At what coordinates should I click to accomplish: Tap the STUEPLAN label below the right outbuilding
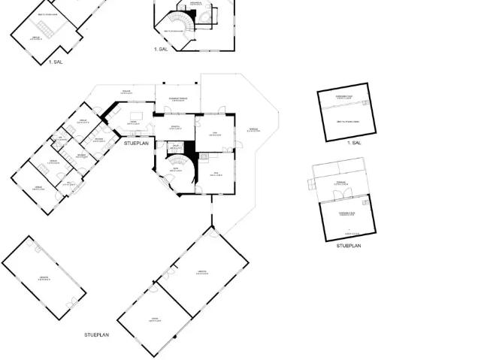[349, 246]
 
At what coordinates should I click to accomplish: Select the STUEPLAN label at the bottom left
[97, 334]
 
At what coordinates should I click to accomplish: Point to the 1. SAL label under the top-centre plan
[161, 49]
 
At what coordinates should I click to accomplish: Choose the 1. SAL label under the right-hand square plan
[354, 142]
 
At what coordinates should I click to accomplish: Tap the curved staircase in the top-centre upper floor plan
[181, 26]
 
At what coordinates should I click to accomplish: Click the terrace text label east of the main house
[253, 129]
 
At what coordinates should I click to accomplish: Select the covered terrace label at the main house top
[177, 98]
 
